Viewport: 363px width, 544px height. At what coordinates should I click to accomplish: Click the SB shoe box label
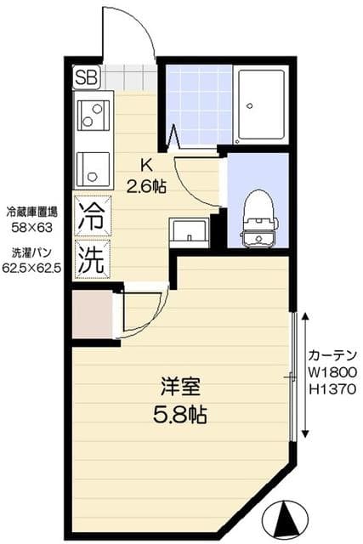pyautogui.click(x=87, y=77)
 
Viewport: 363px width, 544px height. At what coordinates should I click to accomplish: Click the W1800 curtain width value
pyautogui.click(x=332, y=371)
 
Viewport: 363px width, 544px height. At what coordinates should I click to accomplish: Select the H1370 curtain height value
pyautogui.click(x=332, y=389)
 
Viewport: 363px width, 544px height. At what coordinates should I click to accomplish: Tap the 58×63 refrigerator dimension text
pyautogui.click(x=31, y=228)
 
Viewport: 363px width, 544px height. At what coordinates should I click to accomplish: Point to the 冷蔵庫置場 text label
pyautogui.click(x=31, y=212)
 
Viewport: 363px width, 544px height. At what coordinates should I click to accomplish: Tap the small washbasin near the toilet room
pyautogui.click(x=189, y=231)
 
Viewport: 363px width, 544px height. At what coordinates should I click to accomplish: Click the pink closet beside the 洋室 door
pyautogui.click(x=91, y=314)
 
